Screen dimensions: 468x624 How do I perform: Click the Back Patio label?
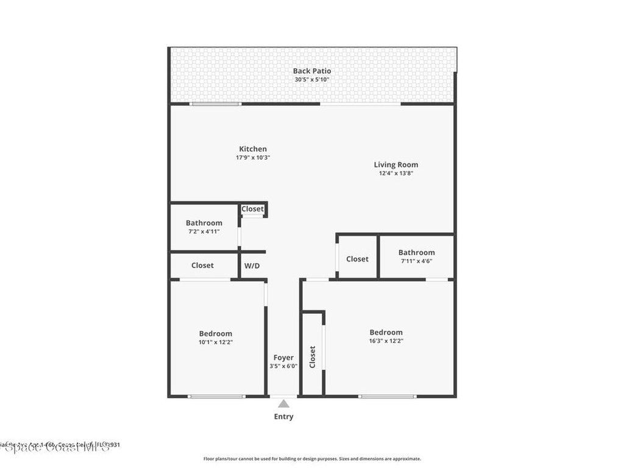click(312, 71)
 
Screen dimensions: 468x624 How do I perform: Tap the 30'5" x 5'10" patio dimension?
click(312, 80)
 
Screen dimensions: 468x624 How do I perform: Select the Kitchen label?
click(253, 149)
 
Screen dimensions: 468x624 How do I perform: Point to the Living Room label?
click(396, 165)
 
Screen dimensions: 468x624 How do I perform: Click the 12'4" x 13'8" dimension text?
click(396, 173)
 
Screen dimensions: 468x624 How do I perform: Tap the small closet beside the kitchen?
click(253, 209)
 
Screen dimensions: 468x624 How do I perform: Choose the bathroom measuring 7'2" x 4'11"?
click(204, 227)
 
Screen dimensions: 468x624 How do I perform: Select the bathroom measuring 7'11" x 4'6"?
click(417, 256)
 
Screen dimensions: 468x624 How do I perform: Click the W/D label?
click(252, 266)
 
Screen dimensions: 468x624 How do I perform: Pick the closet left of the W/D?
click(202, 265)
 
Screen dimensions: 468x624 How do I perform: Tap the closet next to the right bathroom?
click(357, 259)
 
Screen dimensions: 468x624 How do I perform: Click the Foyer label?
click(283, 358)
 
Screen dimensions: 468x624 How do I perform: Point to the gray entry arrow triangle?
click(283, 403)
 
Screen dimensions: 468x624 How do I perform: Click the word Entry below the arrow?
click(283, 417)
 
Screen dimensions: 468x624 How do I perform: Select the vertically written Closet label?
click(313, 357)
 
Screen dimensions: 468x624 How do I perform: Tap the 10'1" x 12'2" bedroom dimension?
click(216, 342)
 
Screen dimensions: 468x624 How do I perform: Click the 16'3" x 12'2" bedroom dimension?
click(386, 341)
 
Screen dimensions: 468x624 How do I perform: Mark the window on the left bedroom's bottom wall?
click(216, 397)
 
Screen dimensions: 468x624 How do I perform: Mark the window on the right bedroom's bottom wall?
click(388, 397)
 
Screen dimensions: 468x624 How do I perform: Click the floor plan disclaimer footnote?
click(312, 459)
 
